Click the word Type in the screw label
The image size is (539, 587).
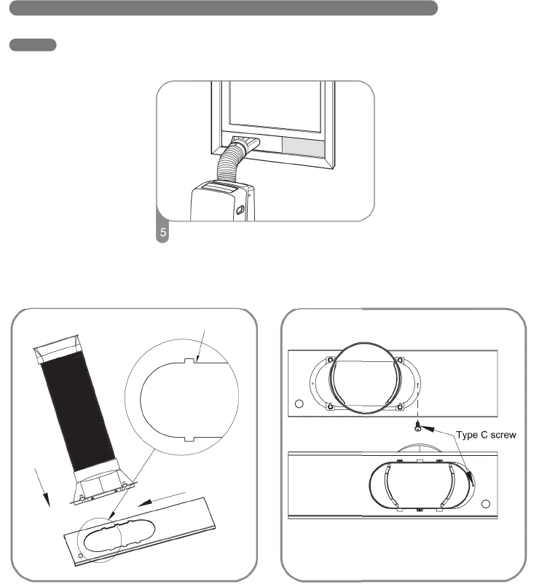pyautogui.click(x=469, y=435)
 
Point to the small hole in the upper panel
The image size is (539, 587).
pyautogui.click(x=299, y=403)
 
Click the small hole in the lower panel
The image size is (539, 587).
pyautogui.click(x=486, y=504)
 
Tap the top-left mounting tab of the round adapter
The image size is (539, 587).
pyautogui.click(x=331, y=360)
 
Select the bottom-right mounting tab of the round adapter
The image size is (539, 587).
pyautogui.click(x=399, y=406)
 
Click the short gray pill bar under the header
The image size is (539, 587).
pyautogui.click(x=33, y=45)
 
